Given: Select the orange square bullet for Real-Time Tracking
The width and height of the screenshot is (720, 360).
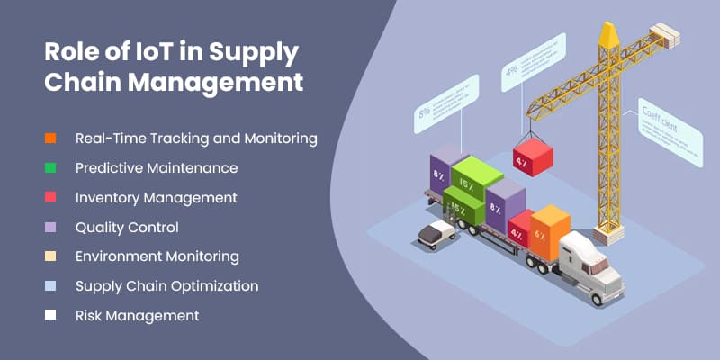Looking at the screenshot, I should [x=50, y=139].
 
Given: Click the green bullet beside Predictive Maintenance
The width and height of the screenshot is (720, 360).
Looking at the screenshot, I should [x=50, y=168].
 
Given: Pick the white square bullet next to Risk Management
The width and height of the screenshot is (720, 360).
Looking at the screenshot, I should [x=50, y=316].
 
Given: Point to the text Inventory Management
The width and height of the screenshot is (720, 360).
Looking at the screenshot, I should [x=156, y=197].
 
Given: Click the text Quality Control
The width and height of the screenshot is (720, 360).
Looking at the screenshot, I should [x=127, y=227].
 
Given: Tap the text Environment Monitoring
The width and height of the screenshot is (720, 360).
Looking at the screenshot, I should [x=157, y=256].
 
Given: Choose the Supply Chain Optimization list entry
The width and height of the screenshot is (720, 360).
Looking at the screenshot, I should [x=166, y=286].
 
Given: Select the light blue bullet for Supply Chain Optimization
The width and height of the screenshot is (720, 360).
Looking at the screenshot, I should [x=50, y=286].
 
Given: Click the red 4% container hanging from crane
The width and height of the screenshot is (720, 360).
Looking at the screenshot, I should [x=533, y=158].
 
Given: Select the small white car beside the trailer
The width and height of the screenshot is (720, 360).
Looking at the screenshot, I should [x=436, y=235].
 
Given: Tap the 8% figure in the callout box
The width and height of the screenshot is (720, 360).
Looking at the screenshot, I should [x=423, y=113].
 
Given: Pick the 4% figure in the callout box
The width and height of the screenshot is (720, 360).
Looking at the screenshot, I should [x=511, y=70].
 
